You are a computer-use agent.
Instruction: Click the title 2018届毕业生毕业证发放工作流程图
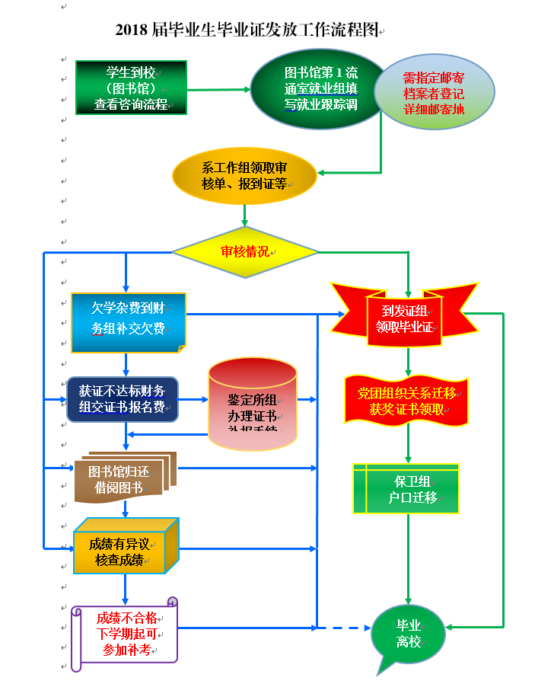click(247, 31)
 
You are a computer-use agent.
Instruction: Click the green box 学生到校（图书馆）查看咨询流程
click(131, 88)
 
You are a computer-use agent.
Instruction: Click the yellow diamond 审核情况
click(244, 251)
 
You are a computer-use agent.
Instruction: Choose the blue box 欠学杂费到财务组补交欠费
click(128, 321)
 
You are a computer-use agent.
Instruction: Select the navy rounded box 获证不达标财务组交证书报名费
click(123, 399)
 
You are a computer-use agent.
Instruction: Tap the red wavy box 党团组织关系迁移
click(406, 401)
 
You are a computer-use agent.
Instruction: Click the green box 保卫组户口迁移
click(406, 488)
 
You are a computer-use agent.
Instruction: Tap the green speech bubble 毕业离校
click(408, 633)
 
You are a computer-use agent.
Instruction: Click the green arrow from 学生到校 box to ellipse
click(218, 89)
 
